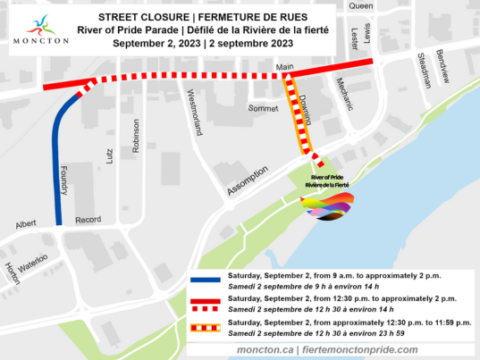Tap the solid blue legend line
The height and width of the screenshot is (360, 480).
206,280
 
